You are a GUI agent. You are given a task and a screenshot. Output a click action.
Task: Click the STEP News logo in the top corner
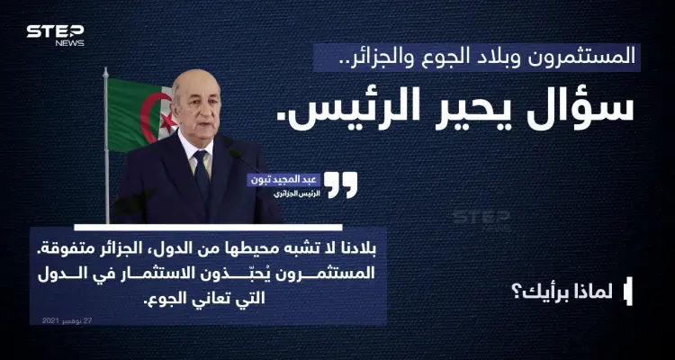55,33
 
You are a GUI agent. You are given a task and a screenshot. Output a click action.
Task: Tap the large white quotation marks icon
341,184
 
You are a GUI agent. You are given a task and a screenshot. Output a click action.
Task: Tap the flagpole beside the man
108,153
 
